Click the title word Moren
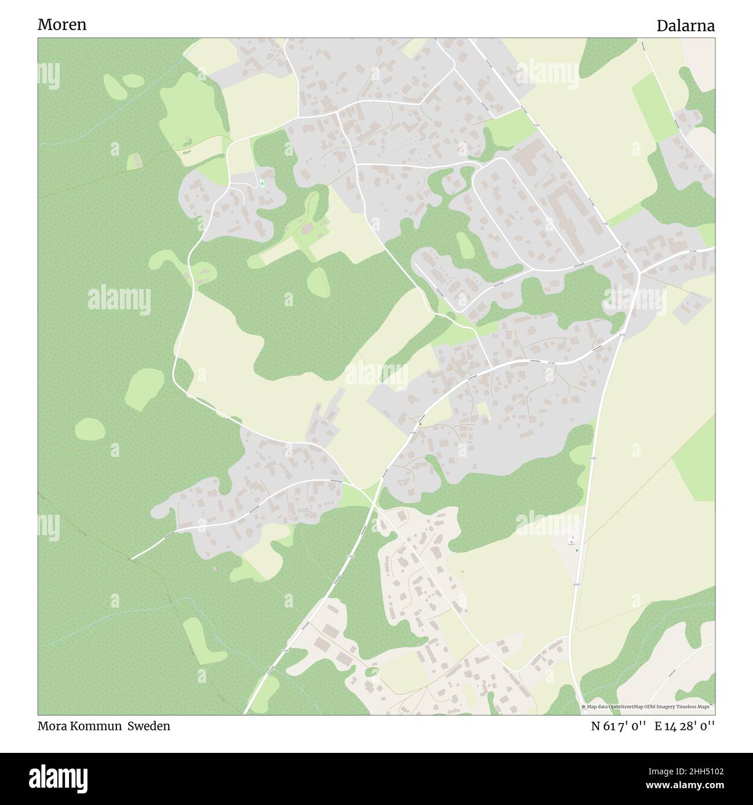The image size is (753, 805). [62, 24]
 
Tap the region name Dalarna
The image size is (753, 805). [685, 25]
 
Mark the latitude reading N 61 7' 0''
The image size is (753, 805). [619, 726]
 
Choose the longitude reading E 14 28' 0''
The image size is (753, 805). [685, 726]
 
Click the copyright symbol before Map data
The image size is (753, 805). [584, 707]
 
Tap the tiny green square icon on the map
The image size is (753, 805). [262, 184]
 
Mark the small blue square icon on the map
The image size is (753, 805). [576, 550]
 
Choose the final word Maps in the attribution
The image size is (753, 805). [703, 707]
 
